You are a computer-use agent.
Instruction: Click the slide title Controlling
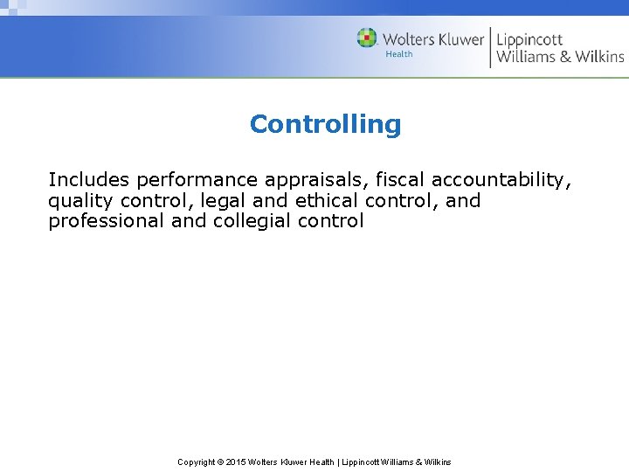pos(325,124)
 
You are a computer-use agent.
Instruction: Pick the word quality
pos(76,201)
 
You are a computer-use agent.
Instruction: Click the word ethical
pos(327,200)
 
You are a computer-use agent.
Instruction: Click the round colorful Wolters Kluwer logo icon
pos(367,38)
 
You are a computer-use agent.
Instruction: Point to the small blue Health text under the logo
pos(399,54)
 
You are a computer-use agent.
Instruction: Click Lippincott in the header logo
pos(529,40)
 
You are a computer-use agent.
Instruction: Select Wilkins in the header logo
pos(599,57)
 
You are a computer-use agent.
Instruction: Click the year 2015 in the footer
pos(236,462)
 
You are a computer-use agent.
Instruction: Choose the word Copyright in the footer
pos(197,462)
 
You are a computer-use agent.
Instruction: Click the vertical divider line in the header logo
pos(490,47)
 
